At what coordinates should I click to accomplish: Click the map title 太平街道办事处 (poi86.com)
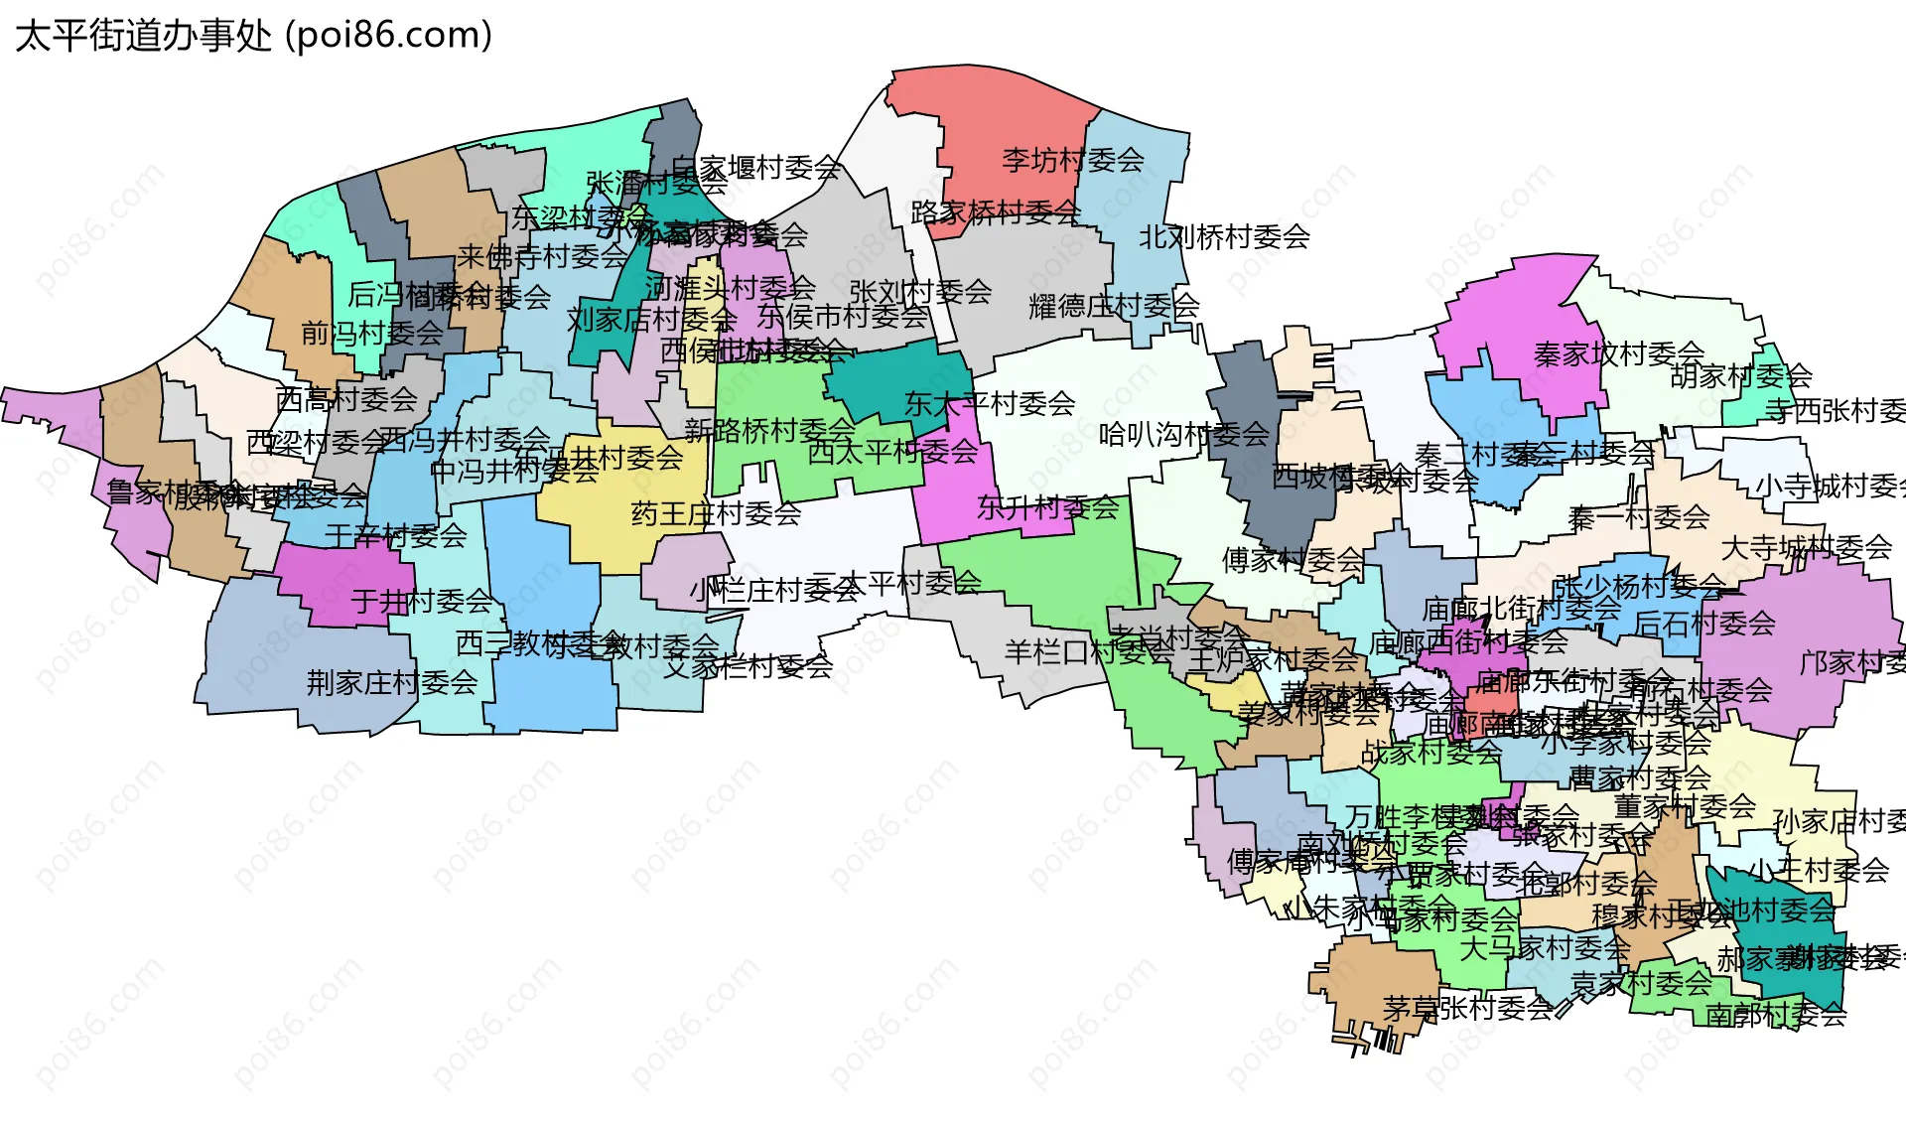click(x=253, y=36)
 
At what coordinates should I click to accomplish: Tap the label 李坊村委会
click(x=1072, y=160)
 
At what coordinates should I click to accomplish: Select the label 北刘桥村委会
click(x=1223, y=237)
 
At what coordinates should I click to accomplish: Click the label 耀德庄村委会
click(x=1113, y=306)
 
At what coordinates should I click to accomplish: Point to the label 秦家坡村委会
click(x=1618, y=353)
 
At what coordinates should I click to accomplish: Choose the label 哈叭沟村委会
click(x=1183, y=434)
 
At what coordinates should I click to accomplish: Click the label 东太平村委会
click(x=989, y=403)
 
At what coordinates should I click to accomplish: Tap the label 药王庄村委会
click(x=716, y=513)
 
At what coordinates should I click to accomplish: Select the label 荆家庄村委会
click(x=391, y=682)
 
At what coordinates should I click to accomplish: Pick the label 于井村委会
click(x=421, y=601)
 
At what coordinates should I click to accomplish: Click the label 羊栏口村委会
click(x=1088, y=651)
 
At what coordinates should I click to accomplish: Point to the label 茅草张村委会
click(x=1466, y=1008)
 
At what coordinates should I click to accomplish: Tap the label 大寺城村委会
click(x=1806, y=547)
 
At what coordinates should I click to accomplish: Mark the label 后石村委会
click(x=1703, y=623)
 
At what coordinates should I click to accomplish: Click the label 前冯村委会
click(x=371, y=333)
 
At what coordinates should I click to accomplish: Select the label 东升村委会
click(x=1047, y=507)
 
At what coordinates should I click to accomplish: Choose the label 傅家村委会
click(x=1292, y=560)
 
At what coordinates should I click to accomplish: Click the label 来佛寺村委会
click(x=542, y=256)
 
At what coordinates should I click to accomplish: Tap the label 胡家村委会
click(x=1740, y=376)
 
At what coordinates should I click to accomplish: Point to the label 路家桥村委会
click(x=995, y=211)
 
